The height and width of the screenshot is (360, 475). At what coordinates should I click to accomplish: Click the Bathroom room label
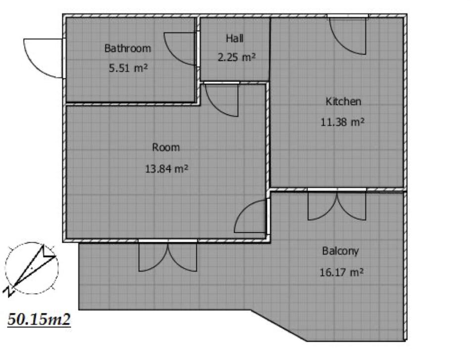click(128, 48)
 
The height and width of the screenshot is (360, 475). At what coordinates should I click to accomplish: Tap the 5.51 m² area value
click(129, 68)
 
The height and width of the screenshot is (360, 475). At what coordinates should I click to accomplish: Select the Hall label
click(235, 38)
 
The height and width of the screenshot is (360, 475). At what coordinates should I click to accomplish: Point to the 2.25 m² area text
click(237, 57)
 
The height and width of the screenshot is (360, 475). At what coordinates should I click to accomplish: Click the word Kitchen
click(343, 102)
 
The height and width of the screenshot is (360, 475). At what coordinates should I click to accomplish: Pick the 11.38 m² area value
click(342, 122)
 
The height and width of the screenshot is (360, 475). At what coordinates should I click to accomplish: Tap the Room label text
click(166, 148)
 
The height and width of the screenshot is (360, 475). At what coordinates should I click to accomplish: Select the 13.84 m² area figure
click(167, 168)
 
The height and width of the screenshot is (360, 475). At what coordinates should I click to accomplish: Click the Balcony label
click(340, 251)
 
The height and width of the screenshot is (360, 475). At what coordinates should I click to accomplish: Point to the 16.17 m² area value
click(341, 272)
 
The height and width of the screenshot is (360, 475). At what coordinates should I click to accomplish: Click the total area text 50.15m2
click(39, 319)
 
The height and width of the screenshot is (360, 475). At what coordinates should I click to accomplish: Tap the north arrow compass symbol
click(31, 269)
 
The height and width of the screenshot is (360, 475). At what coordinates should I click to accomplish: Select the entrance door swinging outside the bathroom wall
click(44, 58)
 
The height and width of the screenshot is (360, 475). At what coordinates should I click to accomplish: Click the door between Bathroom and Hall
click(181, 49)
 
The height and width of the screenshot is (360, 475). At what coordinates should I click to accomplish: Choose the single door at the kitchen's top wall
click(348, 35)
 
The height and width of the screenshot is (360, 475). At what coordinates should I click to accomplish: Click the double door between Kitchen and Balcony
click(337, 205)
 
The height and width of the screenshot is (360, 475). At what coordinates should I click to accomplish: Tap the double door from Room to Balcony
click(168, 256)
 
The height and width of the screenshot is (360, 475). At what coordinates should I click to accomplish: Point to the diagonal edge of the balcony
click(279, 325)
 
